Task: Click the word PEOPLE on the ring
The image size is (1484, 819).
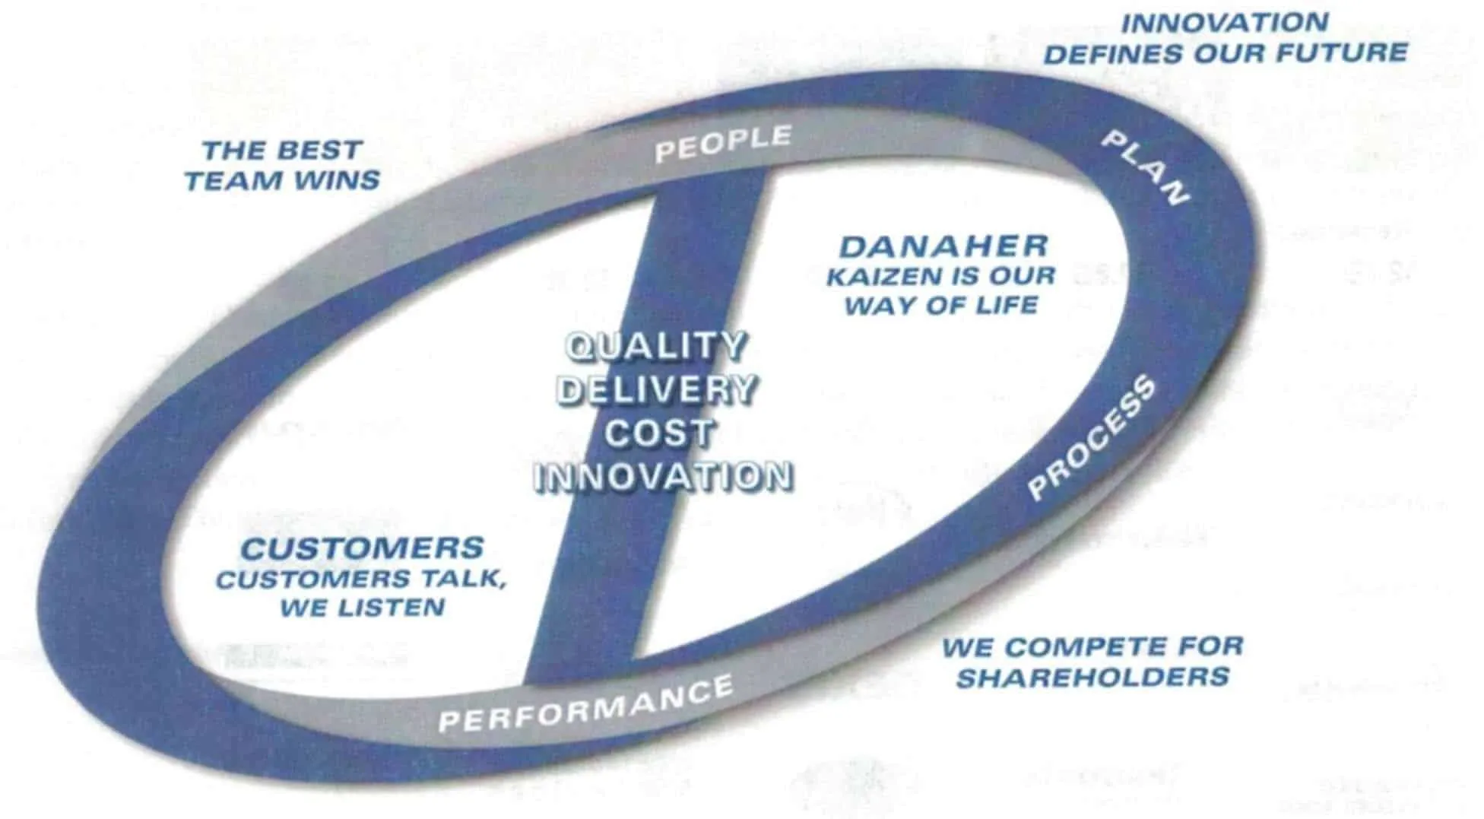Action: [x=723, y=144]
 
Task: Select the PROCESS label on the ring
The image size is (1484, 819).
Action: [x=1092, y=439]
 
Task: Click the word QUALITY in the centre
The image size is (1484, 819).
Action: [x=657, y=347]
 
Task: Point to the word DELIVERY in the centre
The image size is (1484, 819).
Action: [x=658, y=390]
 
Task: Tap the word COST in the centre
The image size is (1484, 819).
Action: [x=659, y=434]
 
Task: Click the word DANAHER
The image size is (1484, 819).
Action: [x=943, y=246]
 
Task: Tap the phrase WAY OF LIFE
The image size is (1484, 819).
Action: [x=941, y=306]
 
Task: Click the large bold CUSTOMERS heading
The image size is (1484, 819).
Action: [x=363, y=548]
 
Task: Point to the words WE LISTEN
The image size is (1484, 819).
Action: [x=363, y=608]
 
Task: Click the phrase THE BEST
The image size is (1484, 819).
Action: [x=282, y=150]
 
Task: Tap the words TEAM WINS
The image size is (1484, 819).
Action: [x=282, y=181]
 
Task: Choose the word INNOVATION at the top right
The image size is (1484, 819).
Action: [x=1225, y=23]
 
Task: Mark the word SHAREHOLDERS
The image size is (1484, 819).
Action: [x=1092, y=677]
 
